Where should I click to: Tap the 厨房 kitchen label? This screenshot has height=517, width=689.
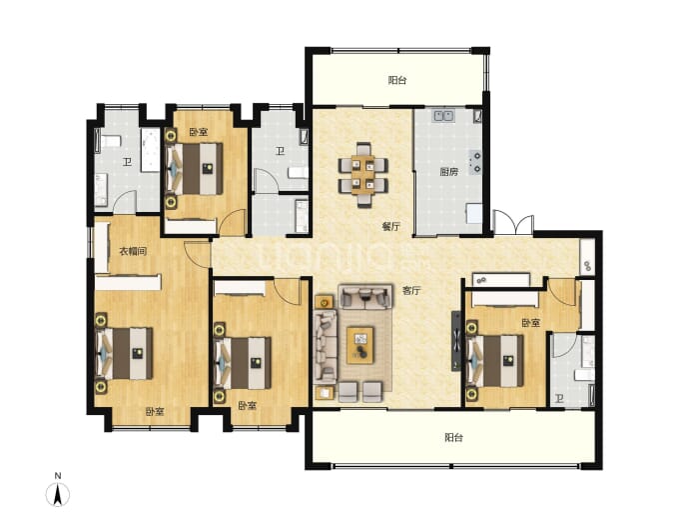[448, 172]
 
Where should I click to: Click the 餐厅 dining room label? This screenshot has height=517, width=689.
[390, 227]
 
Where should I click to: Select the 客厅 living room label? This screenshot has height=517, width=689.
[411, 290]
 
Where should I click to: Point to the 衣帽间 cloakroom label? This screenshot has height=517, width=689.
[133, 252]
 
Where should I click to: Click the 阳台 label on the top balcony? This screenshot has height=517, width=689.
[397, 80]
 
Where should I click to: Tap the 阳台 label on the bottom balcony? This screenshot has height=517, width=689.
[453, 437]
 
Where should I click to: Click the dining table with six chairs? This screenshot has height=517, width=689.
[362, 175]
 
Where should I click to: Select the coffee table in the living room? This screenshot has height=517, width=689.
[360, 345]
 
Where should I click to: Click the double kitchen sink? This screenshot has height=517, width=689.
[443, 116]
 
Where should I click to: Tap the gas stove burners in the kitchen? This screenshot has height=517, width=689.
[475, 162]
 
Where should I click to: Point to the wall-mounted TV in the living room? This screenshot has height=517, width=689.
[456, 341]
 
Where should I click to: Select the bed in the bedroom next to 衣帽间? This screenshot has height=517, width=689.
[125, 353]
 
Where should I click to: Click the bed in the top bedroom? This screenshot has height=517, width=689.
[195, 169]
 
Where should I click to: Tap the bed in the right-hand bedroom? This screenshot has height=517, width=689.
[495, 361]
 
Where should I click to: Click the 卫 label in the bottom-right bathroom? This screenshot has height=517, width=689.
[559, 399]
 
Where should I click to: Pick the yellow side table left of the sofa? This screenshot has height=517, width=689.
[324, 302]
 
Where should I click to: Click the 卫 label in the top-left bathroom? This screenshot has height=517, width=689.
[128, 162]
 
